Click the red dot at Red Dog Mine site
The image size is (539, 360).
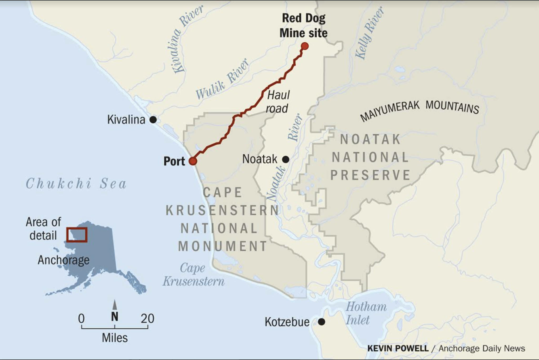[x=305, y=46]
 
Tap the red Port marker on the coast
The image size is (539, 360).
[x=193, y=161]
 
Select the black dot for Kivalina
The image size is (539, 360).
[x=153, y=120]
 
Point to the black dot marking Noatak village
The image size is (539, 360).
[x=286, y=159]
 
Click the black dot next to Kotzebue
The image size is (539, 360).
[x=321, y=322]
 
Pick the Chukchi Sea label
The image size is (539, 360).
[x=76, y=184]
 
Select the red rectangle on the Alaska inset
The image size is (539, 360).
[x=77, y=235]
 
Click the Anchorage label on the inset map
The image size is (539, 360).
[x=63, y=260]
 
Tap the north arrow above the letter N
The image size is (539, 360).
[x=114, y=305]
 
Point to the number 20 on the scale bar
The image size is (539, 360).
[x=147, y=319]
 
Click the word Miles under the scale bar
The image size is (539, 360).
[x=115, y=338]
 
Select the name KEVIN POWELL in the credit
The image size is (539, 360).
[x=398, y=348]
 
